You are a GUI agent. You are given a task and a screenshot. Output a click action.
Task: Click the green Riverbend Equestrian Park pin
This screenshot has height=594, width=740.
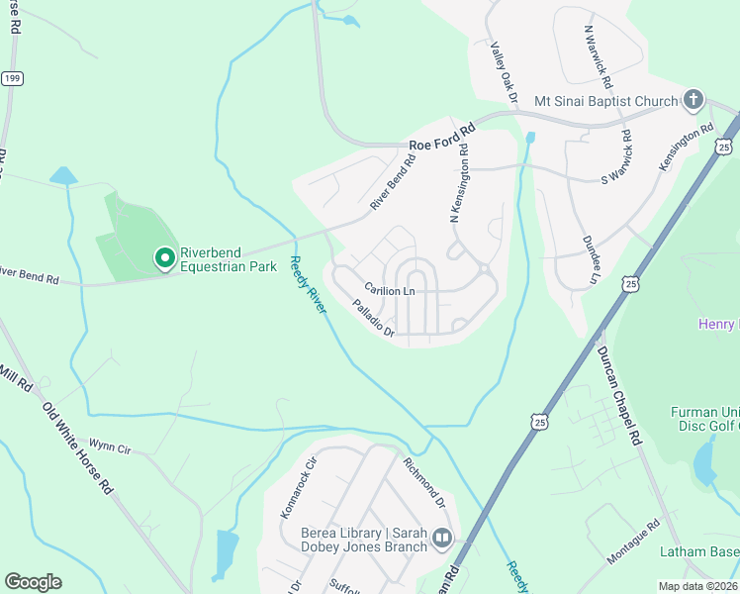coord(164,258)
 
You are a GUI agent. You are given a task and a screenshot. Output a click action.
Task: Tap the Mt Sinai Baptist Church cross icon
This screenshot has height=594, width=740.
coord(694,100)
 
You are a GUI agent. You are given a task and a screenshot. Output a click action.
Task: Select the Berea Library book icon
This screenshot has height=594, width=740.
coord(441,540)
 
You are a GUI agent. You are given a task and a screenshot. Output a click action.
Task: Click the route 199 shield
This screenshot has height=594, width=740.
coord(11,77)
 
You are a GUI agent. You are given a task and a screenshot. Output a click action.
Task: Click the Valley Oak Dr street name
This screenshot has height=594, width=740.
coord(505,72)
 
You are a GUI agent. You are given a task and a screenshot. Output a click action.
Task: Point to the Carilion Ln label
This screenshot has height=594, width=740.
coord(389,290)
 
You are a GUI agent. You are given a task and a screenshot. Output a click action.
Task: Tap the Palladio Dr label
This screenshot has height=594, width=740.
coord(373,319)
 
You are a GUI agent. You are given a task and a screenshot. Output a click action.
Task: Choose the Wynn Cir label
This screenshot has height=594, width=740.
coord(110,446)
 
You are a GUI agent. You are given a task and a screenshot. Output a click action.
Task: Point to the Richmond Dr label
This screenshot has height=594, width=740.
coord(424,481)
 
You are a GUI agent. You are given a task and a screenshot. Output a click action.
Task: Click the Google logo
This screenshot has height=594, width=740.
coord(33,582)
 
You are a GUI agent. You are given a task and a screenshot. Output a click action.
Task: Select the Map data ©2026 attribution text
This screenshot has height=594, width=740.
coord(698,586)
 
